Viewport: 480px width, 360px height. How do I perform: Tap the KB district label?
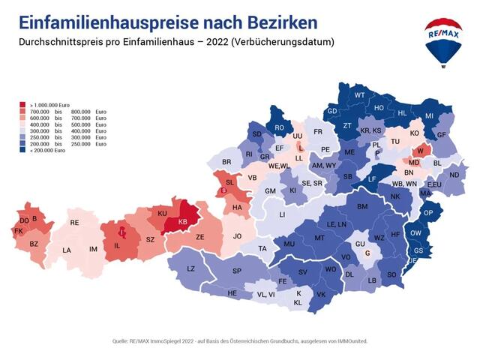pyautogui.click(x=184, y=223)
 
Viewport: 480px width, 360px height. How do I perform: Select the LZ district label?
pyautogui.click(x=190, y=268)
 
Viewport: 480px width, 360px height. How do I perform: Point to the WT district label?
pyautogui.click(x=359, y=95)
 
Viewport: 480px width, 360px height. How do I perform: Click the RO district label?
pyautogui.click(x=279, y=128)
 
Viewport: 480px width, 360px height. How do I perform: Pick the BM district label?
pyautogui.click(x=362, y=206)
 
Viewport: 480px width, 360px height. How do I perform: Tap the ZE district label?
pyautogui.click(x=200, y=237)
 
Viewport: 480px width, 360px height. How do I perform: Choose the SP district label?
pyautogui.click(x=237, y=271)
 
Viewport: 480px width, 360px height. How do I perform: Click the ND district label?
pyautogui.click(x=454, y=175)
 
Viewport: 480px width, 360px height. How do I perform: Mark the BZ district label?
pyautogui.click(x=34, y=244)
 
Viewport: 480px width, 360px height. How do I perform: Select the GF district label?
pyautogui.click(x=442, y=134)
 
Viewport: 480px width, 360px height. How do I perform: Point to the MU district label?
pyautogui.click(x=289, y=244)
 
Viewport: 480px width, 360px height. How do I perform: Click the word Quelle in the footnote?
pyautogui.click(x=121, y=340)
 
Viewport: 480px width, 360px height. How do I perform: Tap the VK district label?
pyautogui.click(x=321, y=295)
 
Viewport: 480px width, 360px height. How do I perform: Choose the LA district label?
pyautogui.click(x=67, y=250)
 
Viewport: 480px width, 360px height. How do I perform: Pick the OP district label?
pyautogui.click(x=428, y=213)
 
